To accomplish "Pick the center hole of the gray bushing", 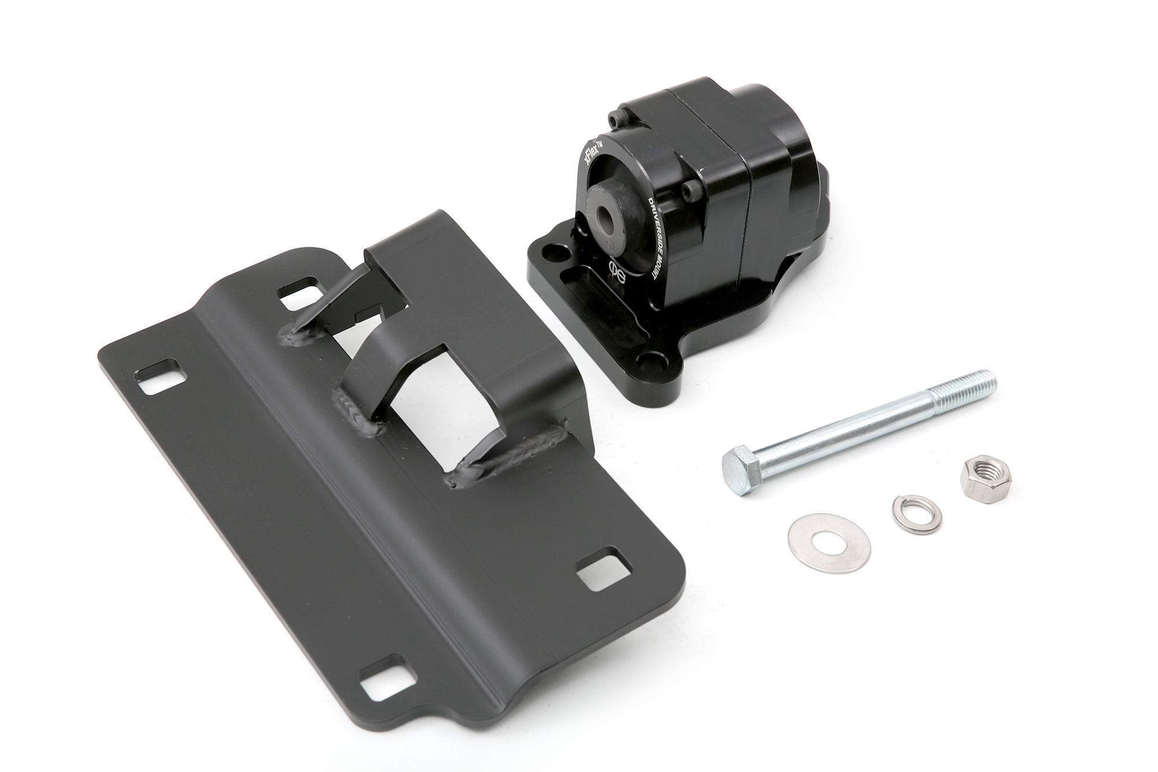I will (606, 218).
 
